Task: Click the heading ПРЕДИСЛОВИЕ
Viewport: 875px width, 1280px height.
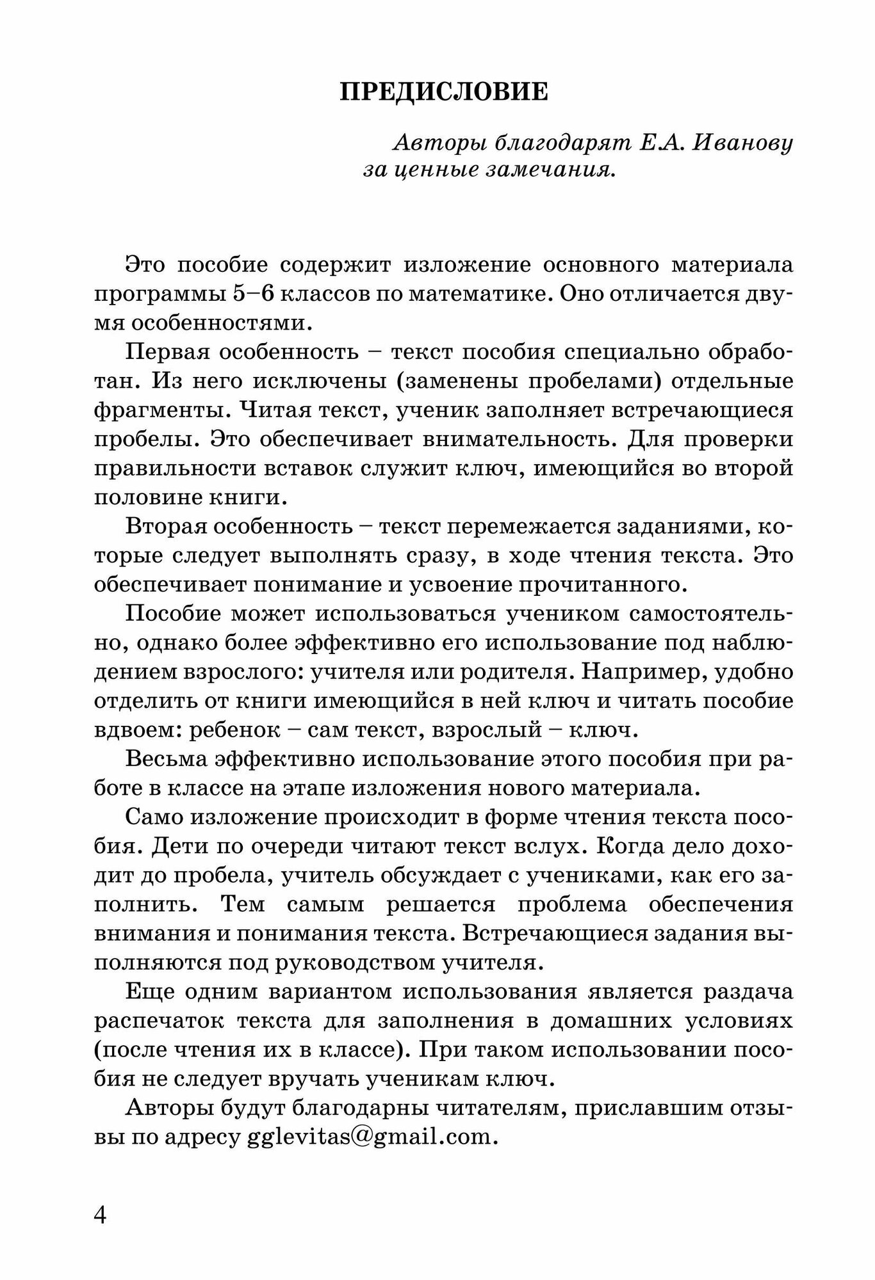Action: (443, 92)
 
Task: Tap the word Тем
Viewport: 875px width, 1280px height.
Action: (241, 904)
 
